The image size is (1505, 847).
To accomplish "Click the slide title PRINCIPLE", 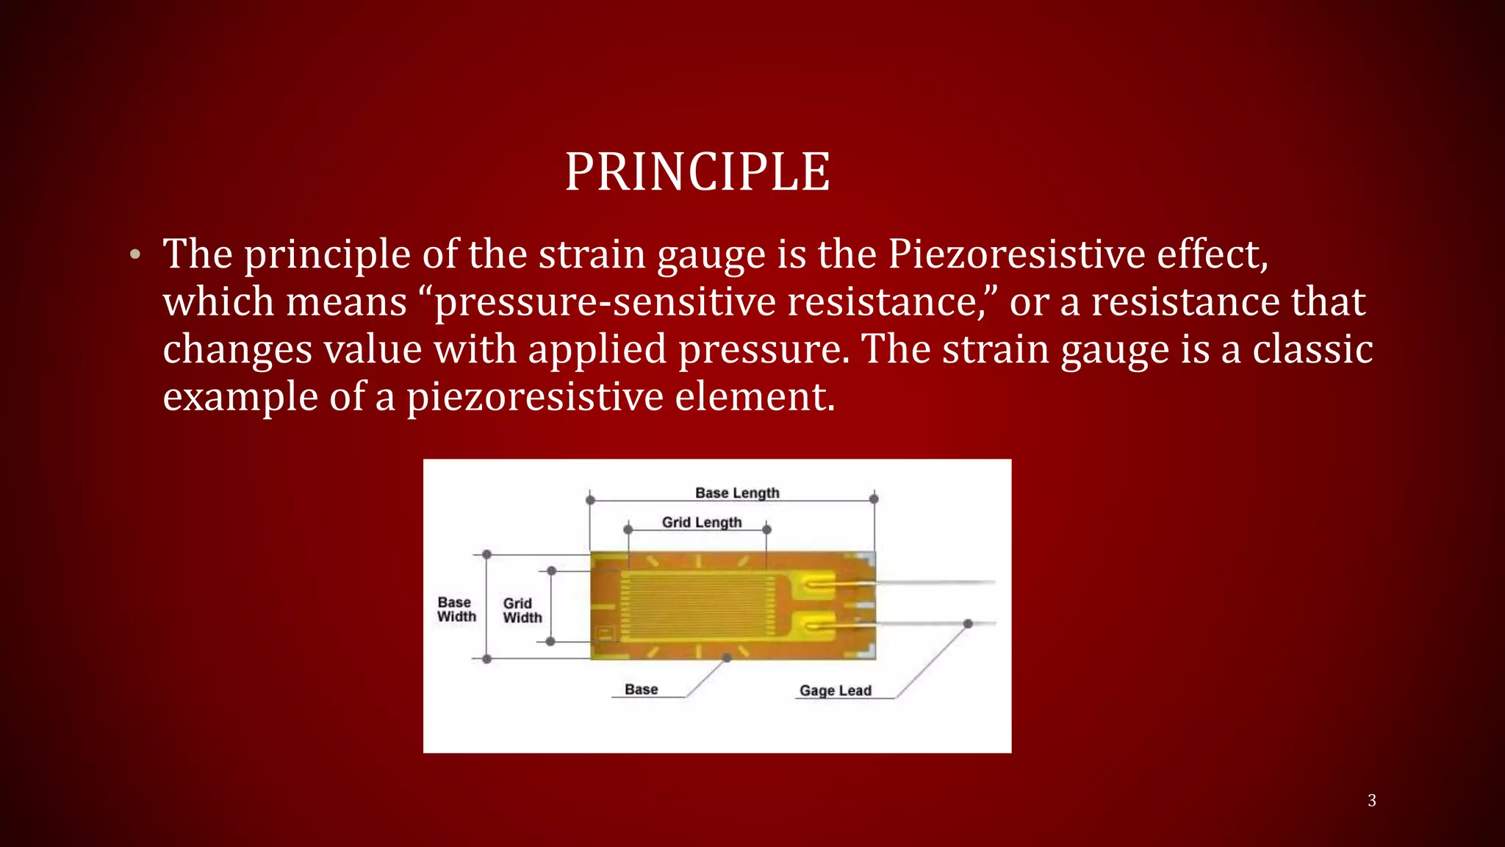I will (697, 172).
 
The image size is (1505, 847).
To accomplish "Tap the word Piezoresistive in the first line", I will (1016, 254).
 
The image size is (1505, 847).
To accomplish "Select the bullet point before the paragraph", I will (134, 255).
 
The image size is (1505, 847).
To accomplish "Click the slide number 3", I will (1371, 801).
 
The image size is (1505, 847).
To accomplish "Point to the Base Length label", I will (737, 493).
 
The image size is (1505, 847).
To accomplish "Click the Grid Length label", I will (702, 522).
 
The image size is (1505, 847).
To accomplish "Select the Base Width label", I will (456, 610).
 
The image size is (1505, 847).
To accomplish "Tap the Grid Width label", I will (522, 610).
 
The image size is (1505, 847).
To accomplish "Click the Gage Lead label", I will (836, 690).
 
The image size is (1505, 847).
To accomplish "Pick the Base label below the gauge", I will (641, 690).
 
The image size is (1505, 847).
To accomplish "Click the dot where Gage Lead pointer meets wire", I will (968, 623).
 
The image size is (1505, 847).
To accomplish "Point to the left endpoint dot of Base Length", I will (590, 500).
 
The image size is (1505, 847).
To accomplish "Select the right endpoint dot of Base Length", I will (874, 499).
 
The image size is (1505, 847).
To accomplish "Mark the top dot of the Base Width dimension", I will (486, 554).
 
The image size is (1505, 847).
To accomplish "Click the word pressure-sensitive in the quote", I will (605, 302).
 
